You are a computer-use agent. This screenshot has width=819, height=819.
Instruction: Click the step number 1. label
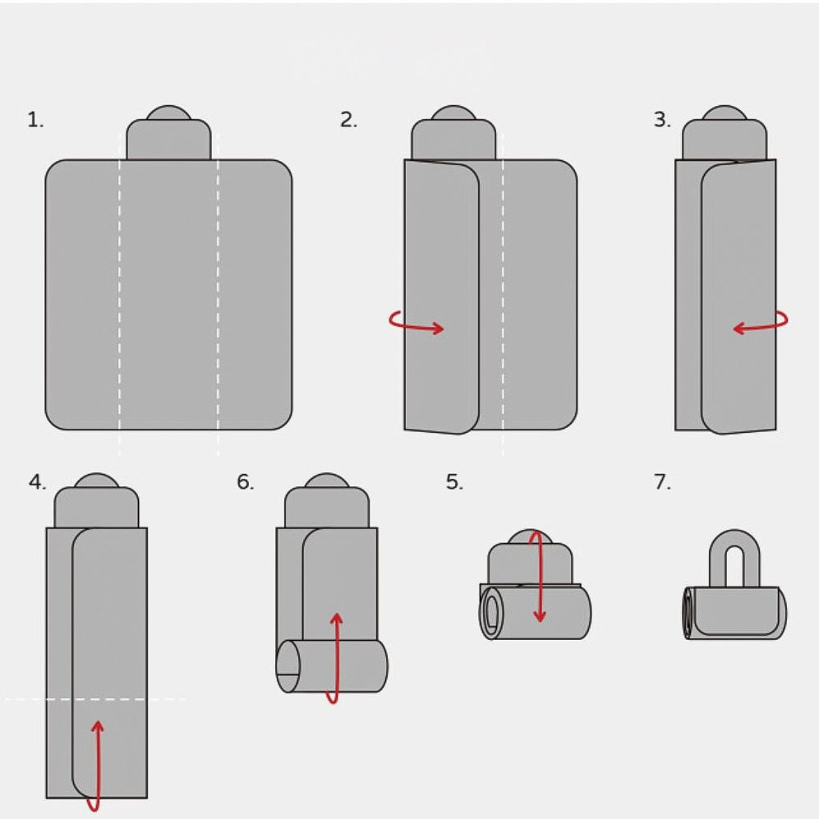point(35,120)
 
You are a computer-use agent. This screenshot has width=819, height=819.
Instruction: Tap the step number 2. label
point(348,120)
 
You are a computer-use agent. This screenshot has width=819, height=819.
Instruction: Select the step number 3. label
point(662,120)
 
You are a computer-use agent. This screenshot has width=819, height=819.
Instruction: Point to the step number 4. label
point(37,482)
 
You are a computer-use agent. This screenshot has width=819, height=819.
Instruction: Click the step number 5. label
point(454,482)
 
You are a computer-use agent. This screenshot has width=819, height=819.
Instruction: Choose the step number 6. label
point(246,482)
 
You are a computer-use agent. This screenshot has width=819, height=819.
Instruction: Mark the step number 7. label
point(662,482)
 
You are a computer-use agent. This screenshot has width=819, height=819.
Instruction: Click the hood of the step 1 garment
point(168,135)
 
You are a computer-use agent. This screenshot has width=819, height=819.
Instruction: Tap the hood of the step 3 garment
point(725,135)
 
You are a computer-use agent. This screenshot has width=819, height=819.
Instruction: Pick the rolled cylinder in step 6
point(332,666)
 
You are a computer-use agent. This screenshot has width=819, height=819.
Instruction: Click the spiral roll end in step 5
point(491,612)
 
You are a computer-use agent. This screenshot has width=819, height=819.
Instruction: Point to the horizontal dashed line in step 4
point(94,699)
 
